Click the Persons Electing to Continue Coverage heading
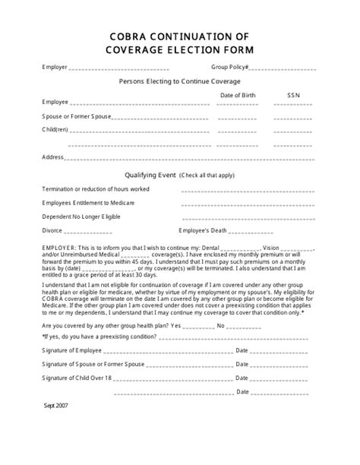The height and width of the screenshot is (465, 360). pyautogui.click(x=179, y=81)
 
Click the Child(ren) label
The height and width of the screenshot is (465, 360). pyautogui.click(x=55, y=129)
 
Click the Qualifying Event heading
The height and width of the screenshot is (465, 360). pyautogui.click(x=152, y=174)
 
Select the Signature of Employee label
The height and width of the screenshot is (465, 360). pyautogui.click(x=72, y=350)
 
